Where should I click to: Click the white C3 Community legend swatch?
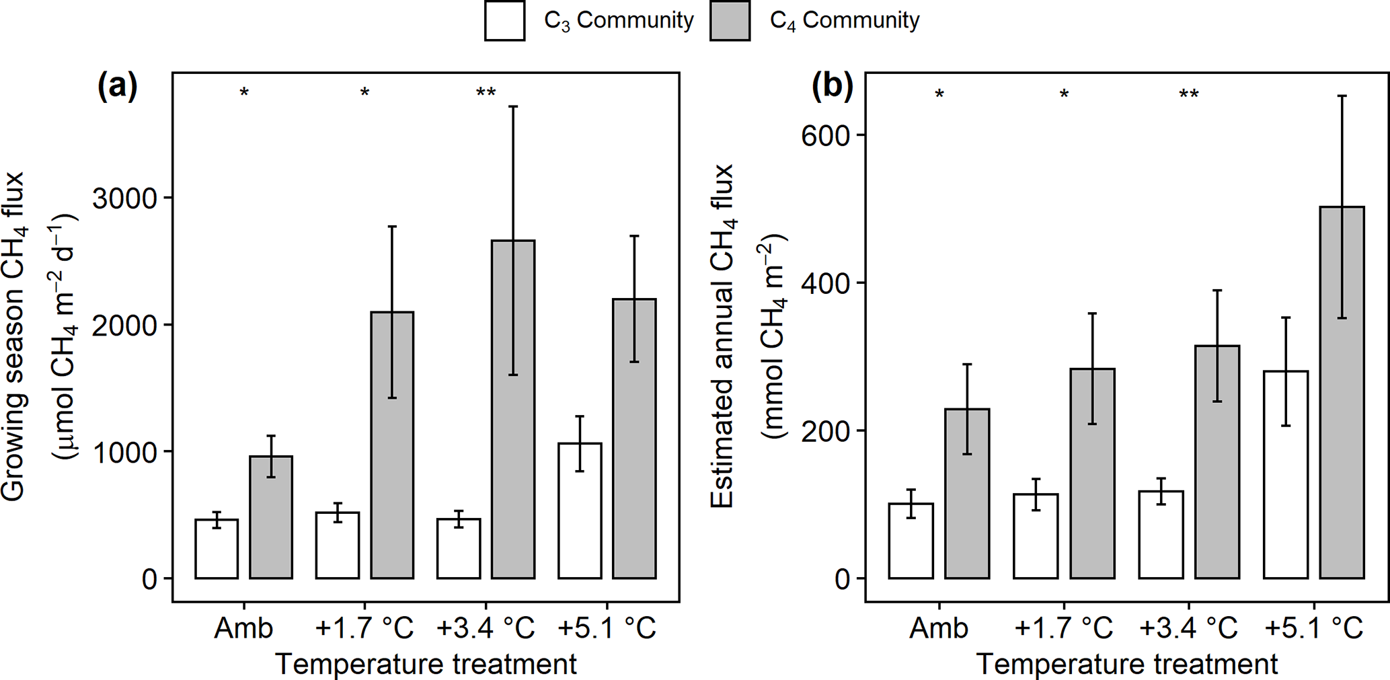click(504, 21)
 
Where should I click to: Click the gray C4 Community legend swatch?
click(730, 21)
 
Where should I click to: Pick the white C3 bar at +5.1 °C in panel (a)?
click(580, 511)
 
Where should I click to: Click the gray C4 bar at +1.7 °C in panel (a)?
click(392, 445)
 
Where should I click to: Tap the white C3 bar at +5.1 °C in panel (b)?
click(1285, 474)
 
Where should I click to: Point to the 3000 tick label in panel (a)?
click(124, 198)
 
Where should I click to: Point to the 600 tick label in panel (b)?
click(825, 135)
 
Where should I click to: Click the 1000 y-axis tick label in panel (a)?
click(124, 452)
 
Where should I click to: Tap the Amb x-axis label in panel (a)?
click(243, 628)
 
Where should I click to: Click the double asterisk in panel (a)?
click(486, 93)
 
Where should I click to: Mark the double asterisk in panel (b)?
click(1188, 95)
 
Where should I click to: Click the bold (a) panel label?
click(117, 87)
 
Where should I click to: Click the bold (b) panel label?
click(832, 87)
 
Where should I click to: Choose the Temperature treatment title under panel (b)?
click(1126, 665)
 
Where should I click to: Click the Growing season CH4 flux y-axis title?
click(13, 336)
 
